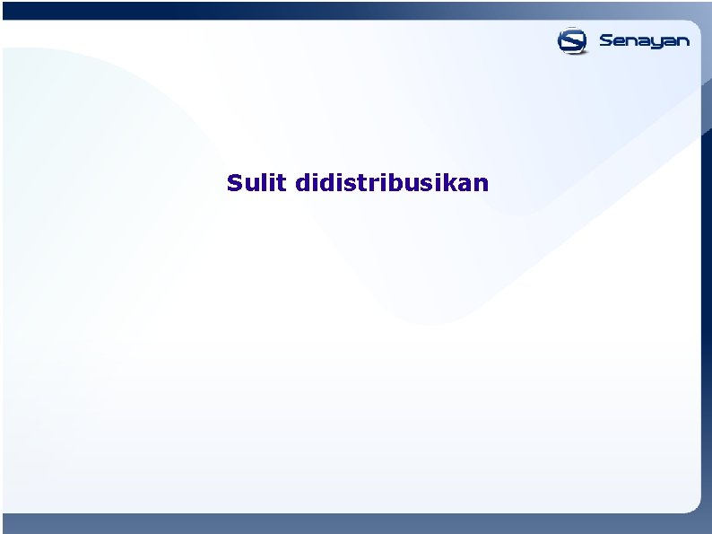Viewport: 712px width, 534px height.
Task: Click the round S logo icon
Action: click(572, 40)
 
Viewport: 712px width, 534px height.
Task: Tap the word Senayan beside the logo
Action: click(644, 41)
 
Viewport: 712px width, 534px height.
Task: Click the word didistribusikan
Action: click(391, 183)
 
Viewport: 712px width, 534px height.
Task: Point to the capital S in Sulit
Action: click(235, 183)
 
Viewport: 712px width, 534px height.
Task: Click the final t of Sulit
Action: click(282, 183)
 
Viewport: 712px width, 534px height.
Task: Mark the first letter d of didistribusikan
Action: click(300, 183)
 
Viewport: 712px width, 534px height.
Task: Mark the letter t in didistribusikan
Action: click(368, 183)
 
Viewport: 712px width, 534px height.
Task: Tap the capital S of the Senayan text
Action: click(606, 40)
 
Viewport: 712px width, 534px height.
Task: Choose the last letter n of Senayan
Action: click(683, 41)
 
